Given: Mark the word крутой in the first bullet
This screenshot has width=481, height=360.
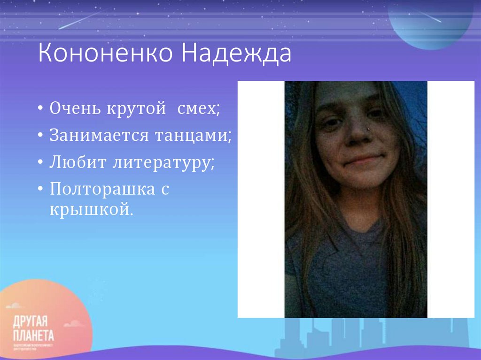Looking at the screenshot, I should (x=136, y=109).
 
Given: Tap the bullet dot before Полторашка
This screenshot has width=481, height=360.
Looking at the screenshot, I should (x=41, y=190).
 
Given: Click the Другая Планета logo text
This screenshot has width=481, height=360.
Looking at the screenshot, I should (x=33, y=329).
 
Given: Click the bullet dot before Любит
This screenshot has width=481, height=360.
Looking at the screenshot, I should (x=41, y=163).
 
